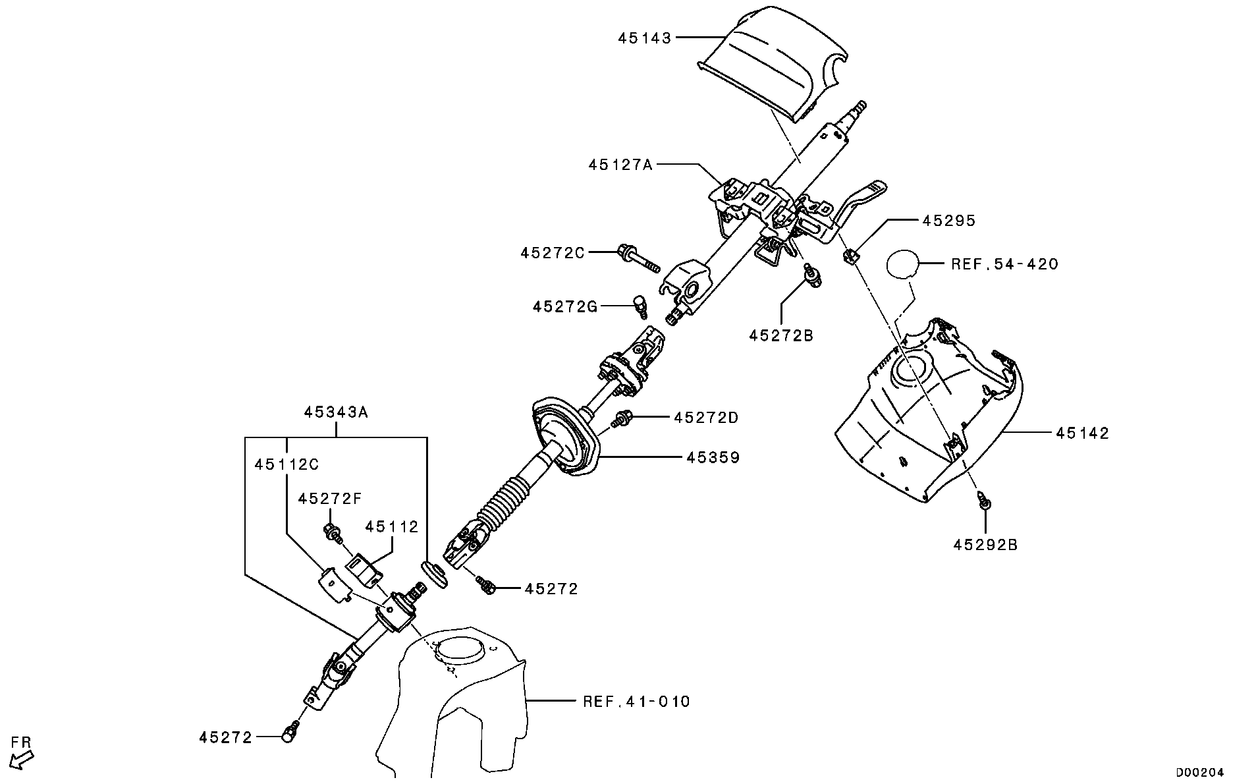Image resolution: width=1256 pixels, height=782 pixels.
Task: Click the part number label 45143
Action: point(644,38)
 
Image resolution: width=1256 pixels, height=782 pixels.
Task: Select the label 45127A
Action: point(620,164)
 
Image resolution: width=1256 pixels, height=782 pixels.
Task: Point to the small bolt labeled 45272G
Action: point(178,304)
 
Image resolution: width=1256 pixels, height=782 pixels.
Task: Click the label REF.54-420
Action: point(1004,264)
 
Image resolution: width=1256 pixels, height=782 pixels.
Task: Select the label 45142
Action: point(1083,433)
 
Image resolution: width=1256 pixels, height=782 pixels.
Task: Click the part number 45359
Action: point(713,457)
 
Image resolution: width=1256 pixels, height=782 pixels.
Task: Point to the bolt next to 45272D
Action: point(622,418)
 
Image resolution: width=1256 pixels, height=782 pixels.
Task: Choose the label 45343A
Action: point(336,412)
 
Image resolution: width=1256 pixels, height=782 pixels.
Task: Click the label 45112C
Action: point(287,464)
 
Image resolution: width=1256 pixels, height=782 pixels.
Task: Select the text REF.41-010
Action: point(636,701)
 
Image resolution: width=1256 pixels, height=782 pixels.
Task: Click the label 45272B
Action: point(781,335)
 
